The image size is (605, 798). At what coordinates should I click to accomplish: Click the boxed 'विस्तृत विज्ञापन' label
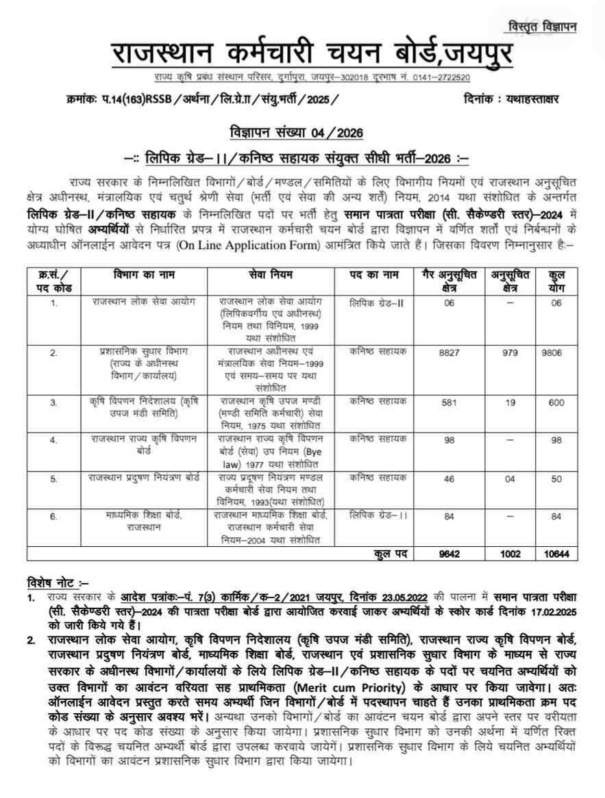542,27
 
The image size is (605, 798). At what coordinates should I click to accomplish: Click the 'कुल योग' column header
556,279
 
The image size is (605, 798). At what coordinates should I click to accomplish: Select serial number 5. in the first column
53,479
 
